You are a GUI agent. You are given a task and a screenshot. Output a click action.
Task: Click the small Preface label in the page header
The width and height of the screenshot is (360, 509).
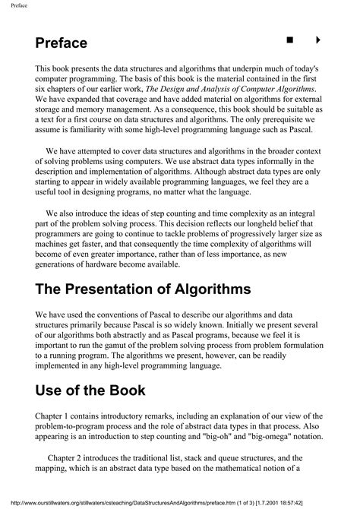tap(14, 6)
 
